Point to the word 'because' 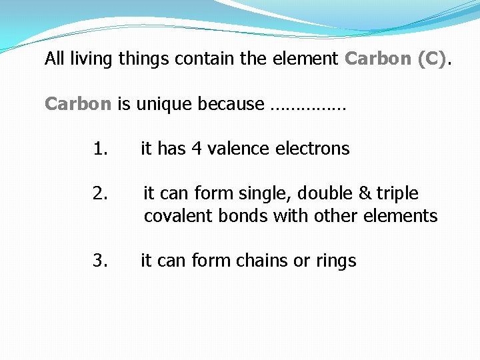point(233,104)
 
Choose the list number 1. point(100,149)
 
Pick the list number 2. point(100,193)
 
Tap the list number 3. point(100,260)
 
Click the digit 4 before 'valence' point(197,149)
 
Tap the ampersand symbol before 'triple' point(365,193)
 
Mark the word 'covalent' point(176,216)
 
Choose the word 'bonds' point(236,216)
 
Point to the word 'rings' point(335,261)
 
